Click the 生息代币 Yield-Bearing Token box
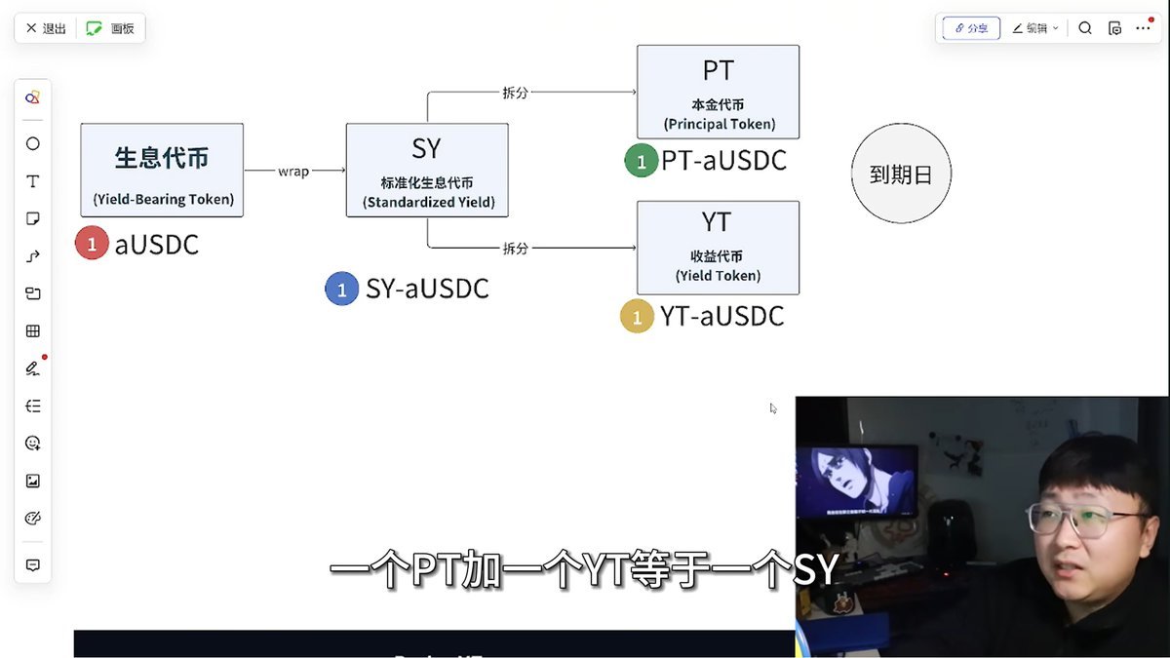click(162, 170)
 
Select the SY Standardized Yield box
click(427, 170)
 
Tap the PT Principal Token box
click(718, 92)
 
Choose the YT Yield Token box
click(718, 248)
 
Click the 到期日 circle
click(901, 174)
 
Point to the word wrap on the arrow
click(293, 172)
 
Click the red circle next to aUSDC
click(92, 244)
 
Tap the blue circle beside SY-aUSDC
click(341, 290)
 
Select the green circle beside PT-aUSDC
click(641, 161)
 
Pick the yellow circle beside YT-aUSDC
click(637, 317)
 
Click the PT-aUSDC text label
click(723, 161)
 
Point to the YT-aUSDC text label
click(721, 317)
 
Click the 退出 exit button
click(46, 28)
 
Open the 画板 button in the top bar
click(111, 28)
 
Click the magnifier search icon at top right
click(1085, 28)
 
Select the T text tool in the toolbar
click(33, 181)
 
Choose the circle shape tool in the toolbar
click(33, 144)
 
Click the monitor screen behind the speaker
click(856, 482)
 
